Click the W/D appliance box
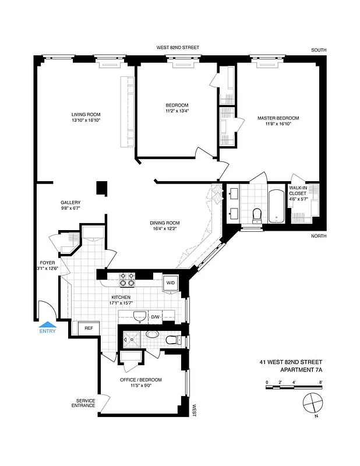click(x=171, y=283)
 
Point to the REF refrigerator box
click(x=89, y=329)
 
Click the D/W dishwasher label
click(x=156, y=317)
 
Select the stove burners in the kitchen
click(x=127, y=280)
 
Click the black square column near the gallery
click(x=102, y=188)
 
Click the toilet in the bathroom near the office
click(x=171, y=339)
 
